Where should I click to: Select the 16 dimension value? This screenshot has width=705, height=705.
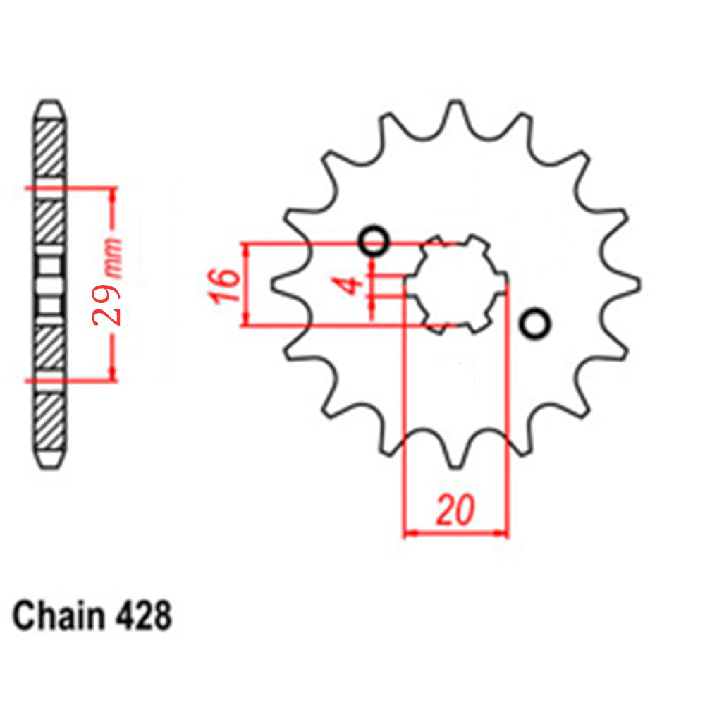(225, 285)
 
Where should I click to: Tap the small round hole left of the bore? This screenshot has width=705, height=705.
(373, 243)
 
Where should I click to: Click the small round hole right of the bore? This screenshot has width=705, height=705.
(535, 324)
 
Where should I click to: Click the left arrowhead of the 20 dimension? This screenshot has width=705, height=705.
(410, 532)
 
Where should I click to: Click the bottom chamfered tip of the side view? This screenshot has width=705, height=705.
(50, 459)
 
